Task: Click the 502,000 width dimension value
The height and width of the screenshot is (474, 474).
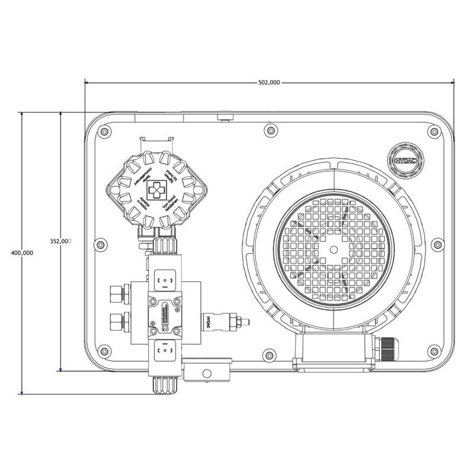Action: click(269, 82)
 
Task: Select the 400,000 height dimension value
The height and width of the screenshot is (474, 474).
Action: click(22, 252)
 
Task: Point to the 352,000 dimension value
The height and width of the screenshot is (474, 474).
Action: click(60, 241)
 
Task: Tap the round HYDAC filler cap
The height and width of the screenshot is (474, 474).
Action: click(405, 159)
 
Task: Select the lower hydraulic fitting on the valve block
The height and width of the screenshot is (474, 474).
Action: click(117, 323)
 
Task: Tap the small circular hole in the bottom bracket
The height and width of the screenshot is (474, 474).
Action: click(206, 373)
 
